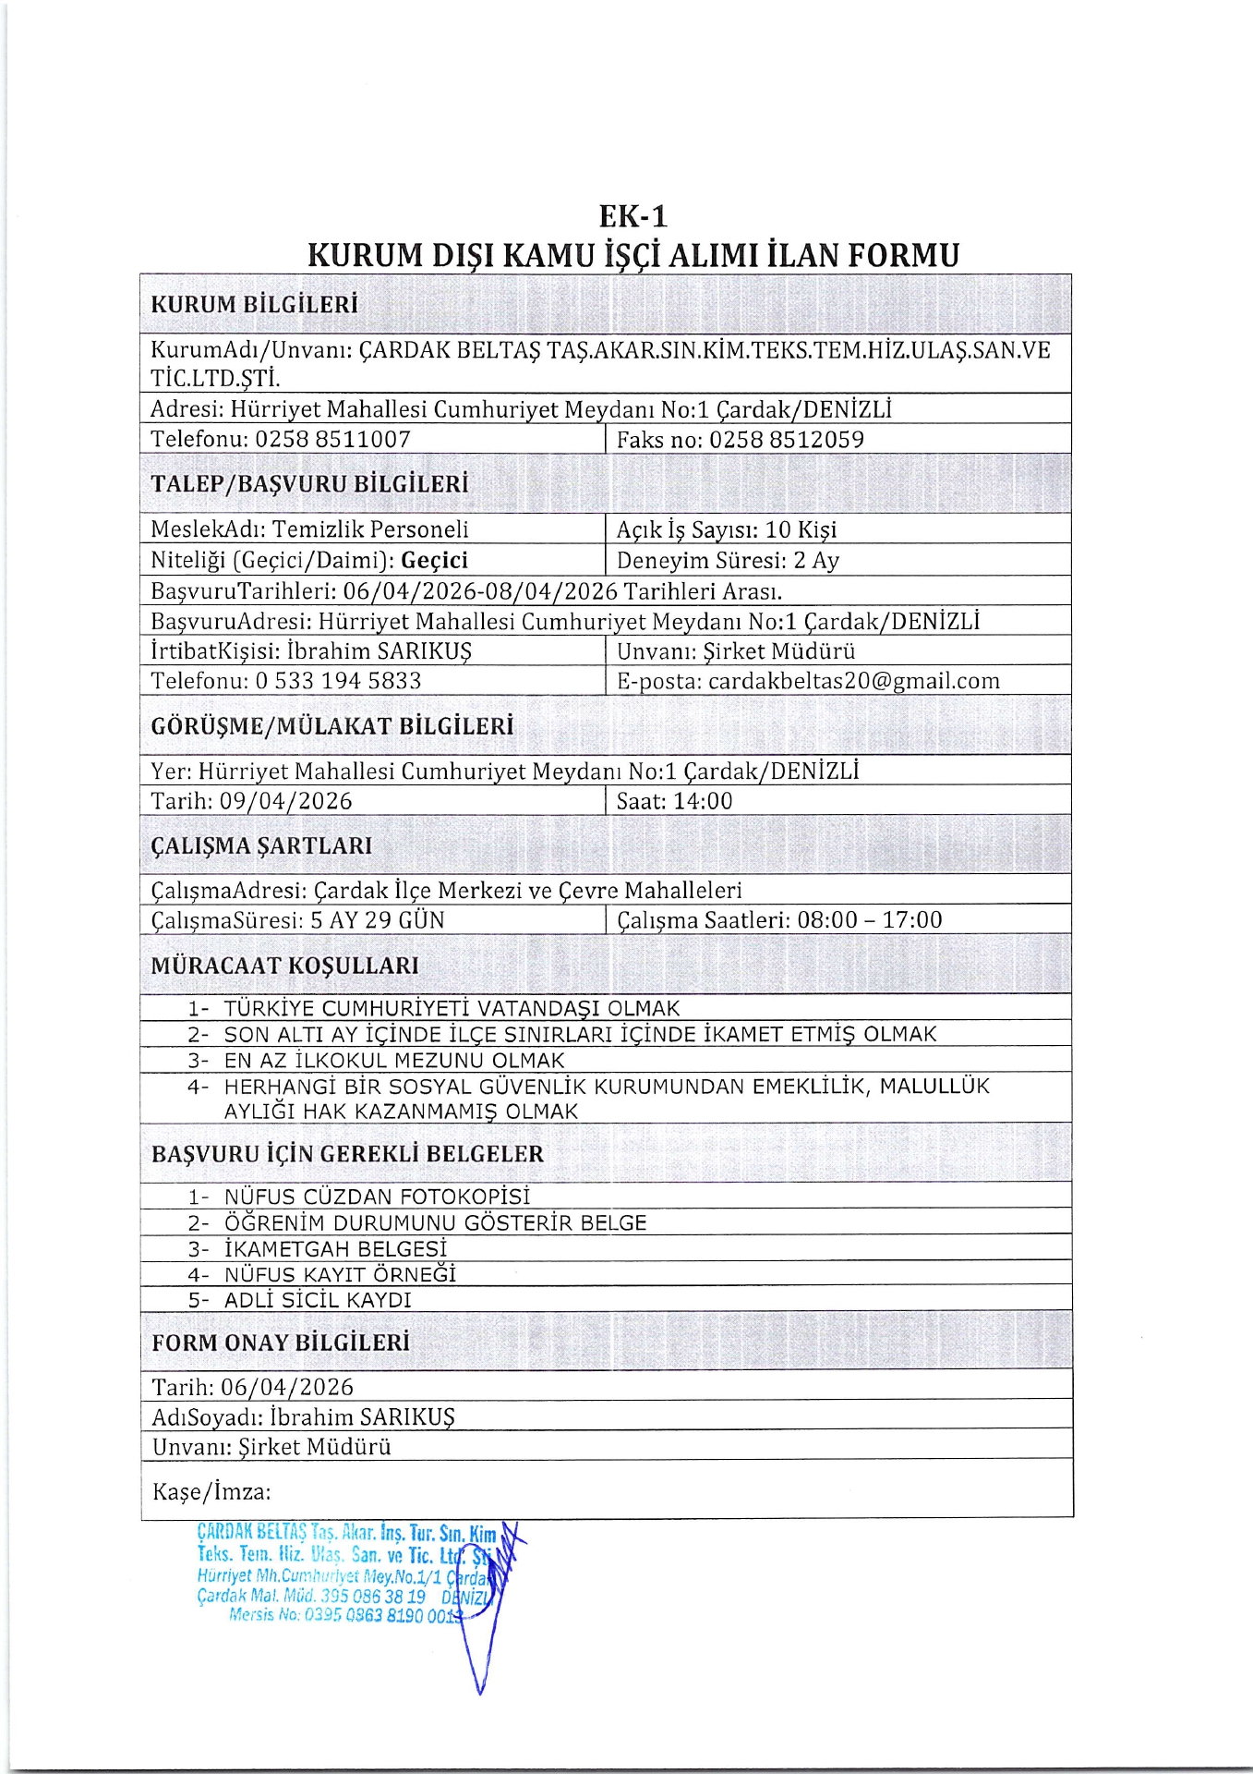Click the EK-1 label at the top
633,216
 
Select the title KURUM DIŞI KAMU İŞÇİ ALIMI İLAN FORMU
633,255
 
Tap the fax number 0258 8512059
786,440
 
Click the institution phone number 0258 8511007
332,439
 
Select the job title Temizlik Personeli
370,529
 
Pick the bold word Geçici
435,560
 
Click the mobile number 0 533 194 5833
338,681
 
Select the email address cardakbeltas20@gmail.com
854,681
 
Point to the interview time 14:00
703,801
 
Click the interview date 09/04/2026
285,801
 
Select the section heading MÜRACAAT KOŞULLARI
284,966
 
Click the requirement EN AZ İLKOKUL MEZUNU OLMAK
394,1061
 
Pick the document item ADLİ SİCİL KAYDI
318,1300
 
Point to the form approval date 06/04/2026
287,1387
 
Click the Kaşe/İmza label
211,1492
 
